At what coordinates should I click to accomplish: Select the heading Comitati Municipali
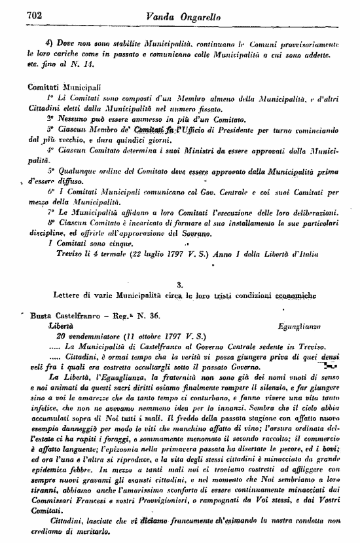[64, 86]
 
